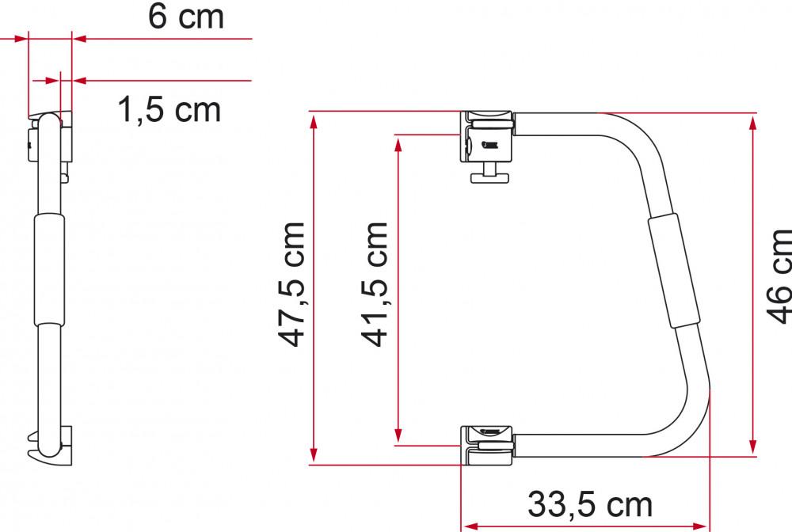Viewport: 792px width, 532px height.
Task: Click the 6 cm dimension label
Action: pos(186,17)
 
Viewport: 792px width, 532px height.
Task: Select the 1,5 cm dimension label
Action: pos(169,111)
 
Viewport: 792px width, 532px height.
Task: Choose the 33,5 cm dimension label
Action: pos(590,503)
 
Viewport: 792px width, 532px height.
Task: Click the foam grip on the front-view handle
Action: pos(673,270)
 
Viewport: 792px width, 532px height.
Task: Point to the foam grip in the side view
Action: pos(48,269)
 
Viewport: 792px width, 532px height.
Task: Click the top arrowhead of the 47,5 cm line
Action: pos(314,120)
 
